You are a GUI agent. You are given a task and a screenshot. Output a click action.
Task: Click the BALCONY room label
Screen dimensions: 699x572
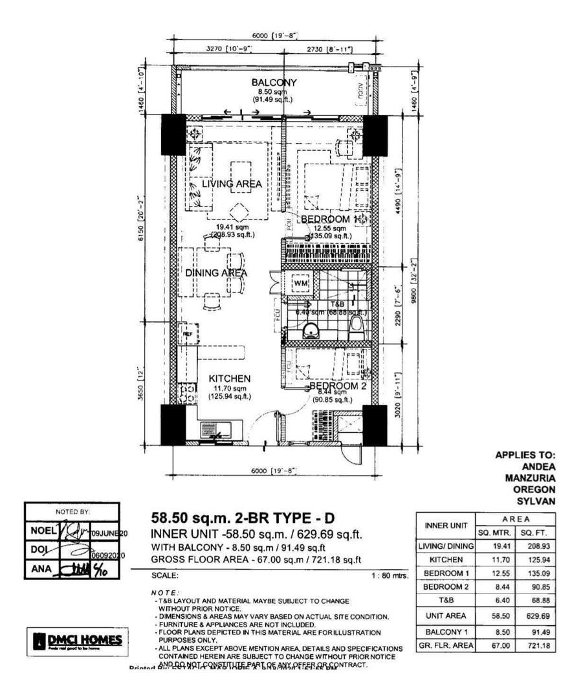click(x=274, y=83)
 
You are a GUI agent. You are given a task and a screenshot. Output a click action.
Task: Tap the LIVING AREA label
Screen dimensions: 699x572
click(x=232, y=184)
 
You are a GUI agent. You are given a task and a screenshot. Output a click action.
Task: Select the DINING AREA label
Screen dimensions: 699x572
click(x=217, y=273)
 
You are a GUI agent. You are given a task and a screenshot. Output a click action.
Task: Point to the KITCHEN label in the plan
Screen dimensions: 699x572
click(x=229, y=378)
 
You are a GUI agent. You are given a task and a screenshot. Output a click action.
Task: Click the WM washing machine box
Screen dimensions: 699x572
click(x=300, y=283)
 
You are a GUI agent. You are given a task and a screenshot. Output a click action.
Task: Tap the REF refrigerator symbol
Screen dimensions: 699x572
click(x=186, y=334)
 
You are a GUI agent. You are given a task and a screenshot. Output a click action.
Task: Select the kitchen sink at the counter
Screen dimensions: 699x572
click(x=213, y=430)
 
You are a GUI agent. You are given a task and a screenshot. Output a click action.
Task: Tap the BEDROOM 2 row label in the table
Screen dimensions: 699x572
click(x=445, y=586)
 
